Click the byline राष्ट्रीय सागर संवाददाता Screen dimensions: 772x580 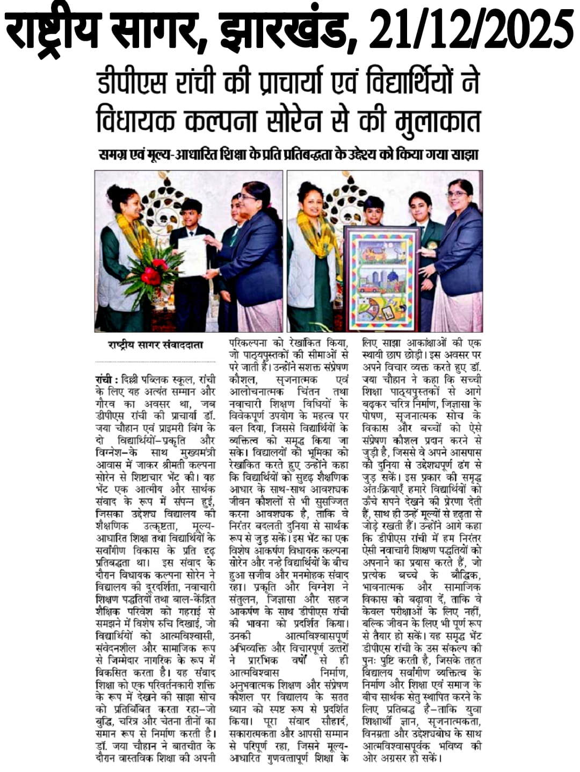click(x=156, y=345)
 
